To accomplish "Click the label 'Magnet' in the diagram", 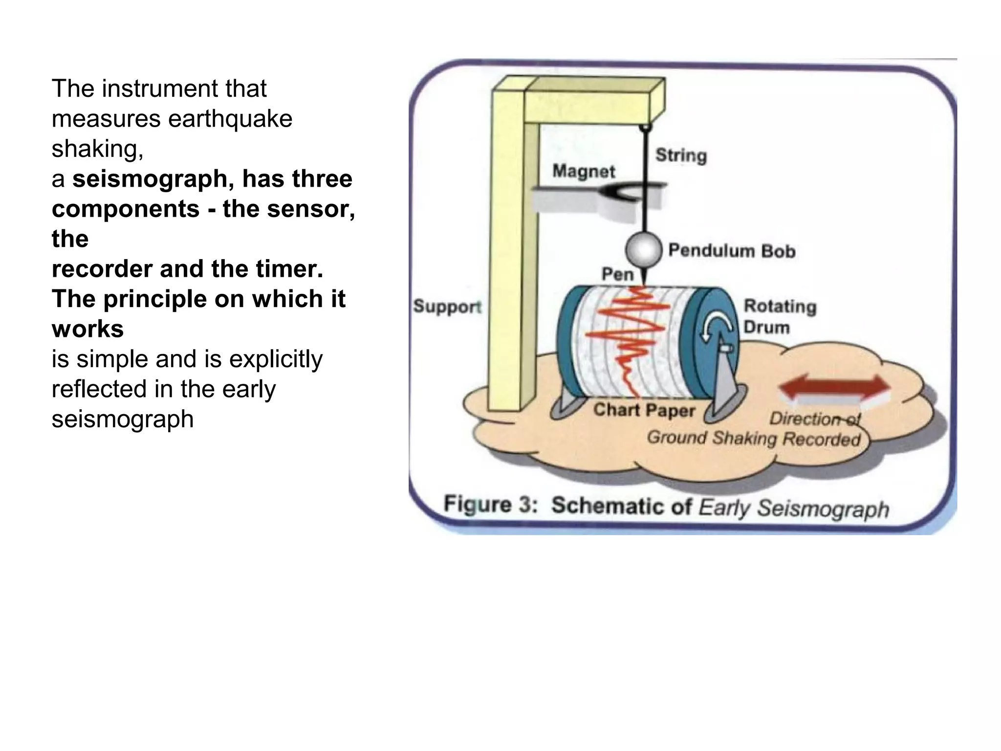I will pyautogui.click(x=584, y=171).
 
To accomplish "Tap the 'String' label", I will pyautogui.click(x=681, y=155).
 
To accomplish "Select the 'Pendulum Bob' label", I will pyautogui.click(x=732, y=250).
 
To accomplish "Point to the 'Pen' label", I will pyautogui.click(x=617, y=274).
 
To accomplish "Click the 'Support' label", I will pyautogui.click(x=447, y=307).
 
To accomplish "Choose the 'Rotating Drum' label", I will pyautogui.click(x=780, y=316).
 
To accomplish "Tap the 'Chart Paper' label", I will pyautogui.click(x=644, y=410).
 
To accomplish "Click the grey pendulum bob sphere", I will pyautogui.click(x=644, y=250).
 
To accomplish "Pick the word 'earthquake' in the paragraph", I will pyautogui.click(x=230, y=119).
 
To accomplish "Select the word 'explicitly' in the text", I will pyautogui.click(x=276, y=359).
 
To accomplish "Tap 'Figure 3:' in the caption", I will pyautogui.click(x=490, y=504).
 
